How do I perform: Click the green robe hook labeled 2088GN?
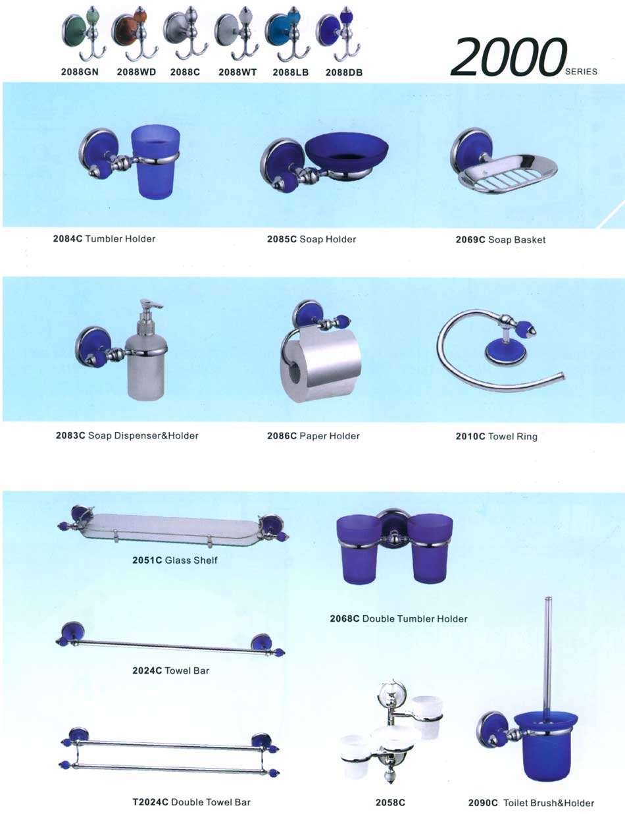[84, 34]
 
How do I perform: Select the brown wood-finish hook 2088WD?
[135, 34]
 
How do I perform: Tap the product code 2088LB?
[291, 72]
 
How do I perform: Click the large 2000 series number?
[509, 57]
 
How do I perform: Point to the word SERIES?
[581, 72]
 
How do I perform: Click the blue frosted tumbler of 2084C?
[156, 161]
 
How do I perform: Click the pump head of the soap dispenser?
[151, 308]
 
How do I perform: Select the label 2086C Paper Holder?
[313, 436]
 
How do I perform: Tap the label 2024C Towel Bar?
[170, 670]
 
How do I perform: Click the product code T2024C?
[151, 801]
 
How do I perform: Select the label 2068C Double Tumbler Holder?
[399, 618]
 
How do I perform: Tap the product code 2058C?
[391, 802]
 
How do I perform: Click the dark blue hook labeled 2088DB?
[339, 34]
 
